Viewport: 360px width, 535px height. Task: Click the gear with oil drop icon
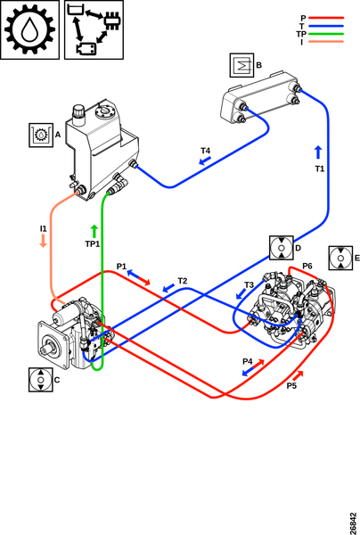click(x=29, y=29)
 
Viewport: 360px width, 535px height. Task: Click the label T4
click(x=205, y=151)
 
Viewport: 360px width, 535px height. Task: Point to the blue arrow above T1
click(x=318, y=152)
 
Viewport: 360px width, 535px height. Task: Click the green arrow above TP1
click(x=94, y=231)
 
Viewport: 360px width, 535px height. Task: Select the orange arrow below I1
click(x=44, y=241)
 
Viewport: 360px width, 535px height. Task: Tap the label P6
click(x=307, y=266)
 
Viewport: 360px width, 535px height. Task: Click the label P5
click(x=291, y=385)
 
